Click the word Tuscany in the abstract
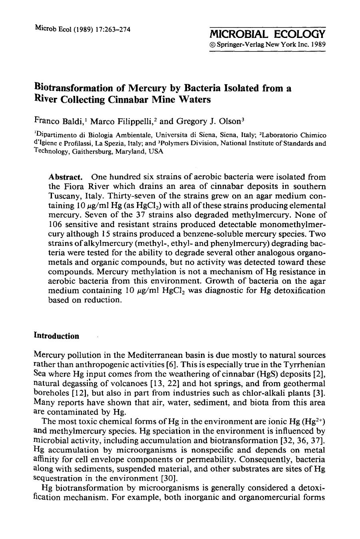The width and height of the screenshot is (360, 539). click(65, 196)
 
